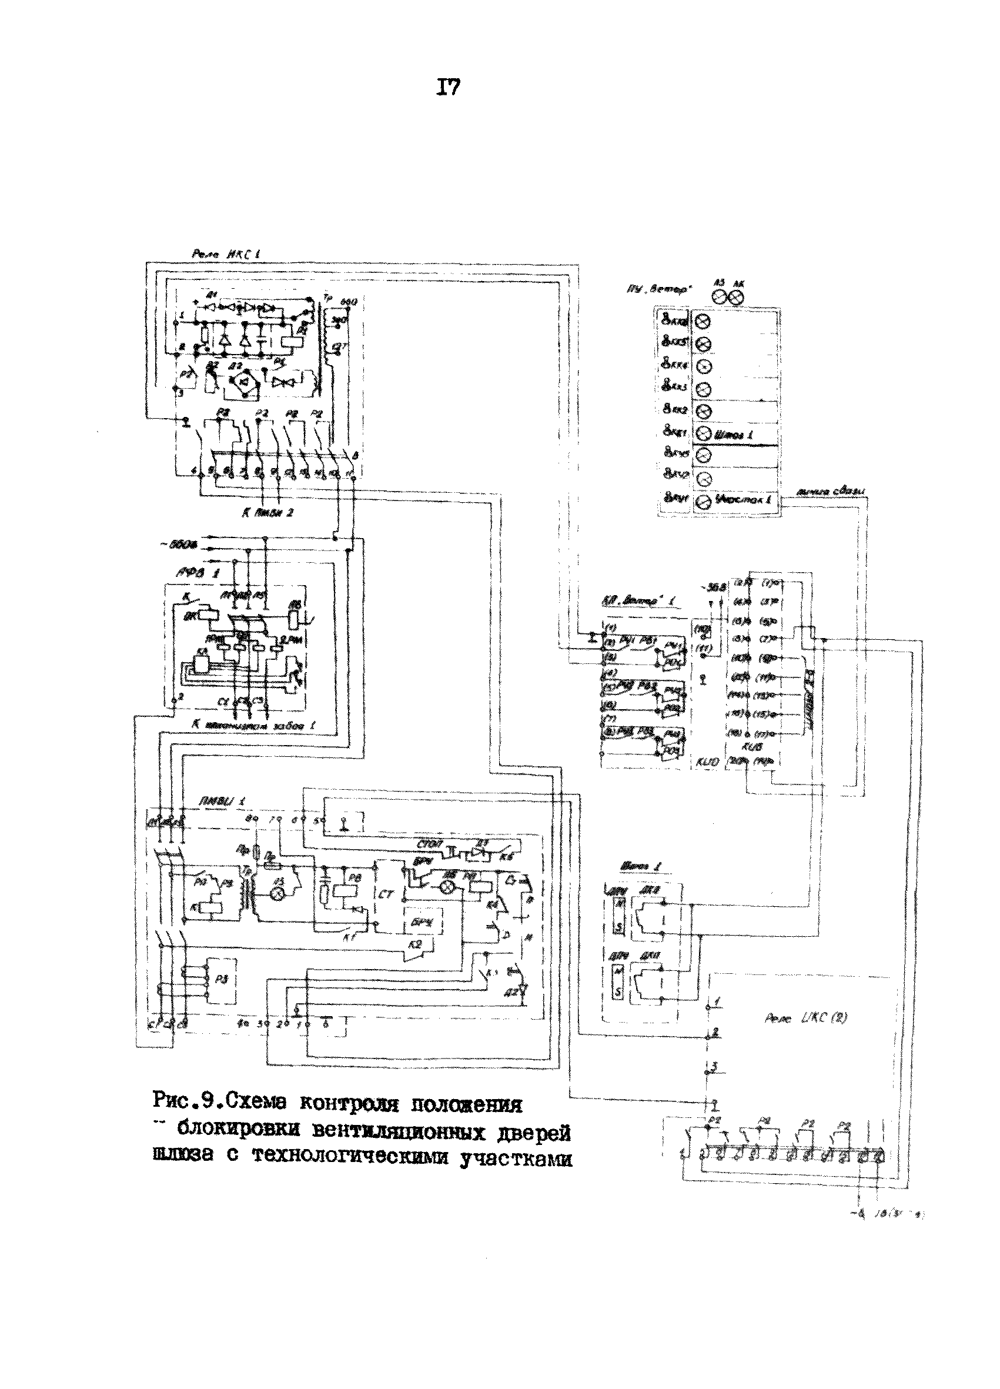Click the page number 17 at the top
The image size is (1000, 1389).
[x=447, y=89]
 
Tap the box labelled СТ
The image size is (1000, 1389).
[x=386, y=895]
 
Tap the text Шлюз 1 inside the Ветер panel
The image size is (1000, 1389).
[x=733, y=434]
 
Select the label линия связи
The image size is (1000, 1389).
[x=832, y=492]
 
